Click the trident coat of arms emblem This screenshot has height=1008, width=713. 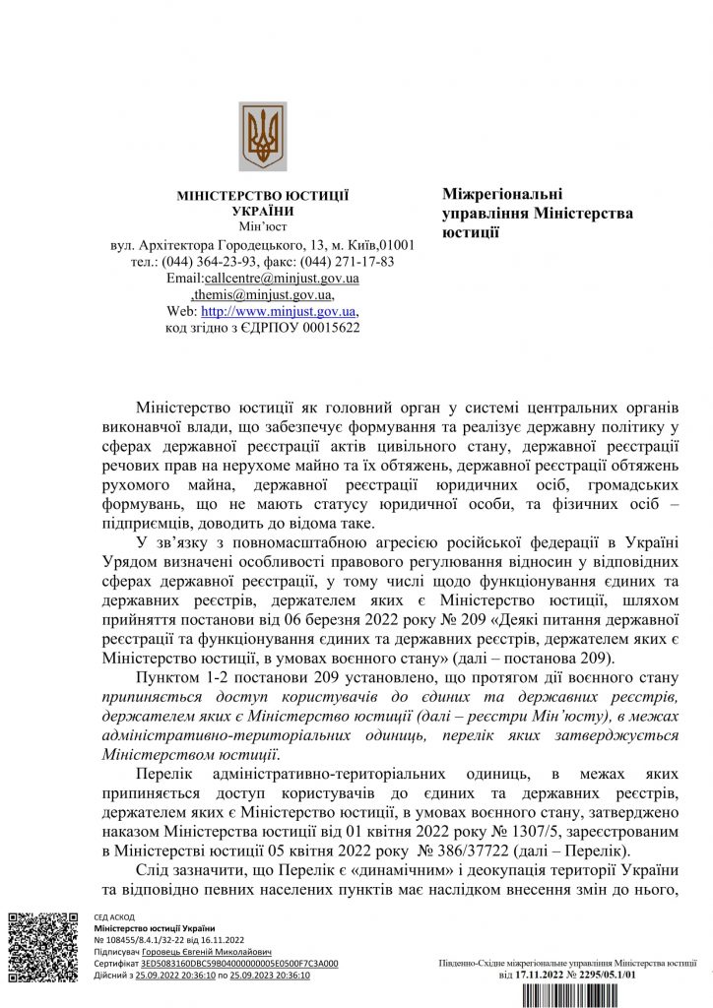click(x=263, y=136)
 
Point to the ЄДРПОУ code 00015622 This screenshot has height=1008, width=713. click(x=328, y=328)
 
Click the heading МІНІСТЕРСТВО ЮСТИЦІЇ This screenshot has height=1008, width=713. click(x=263, y=196)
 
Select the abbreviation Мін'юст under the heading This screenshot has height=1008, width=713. click(x=262, y=227)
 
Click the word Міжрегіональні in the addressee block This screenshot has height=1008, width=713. click(x=502, y=195)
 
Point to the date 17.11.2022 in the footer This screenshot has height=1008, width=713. click(x=544, y=975)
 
